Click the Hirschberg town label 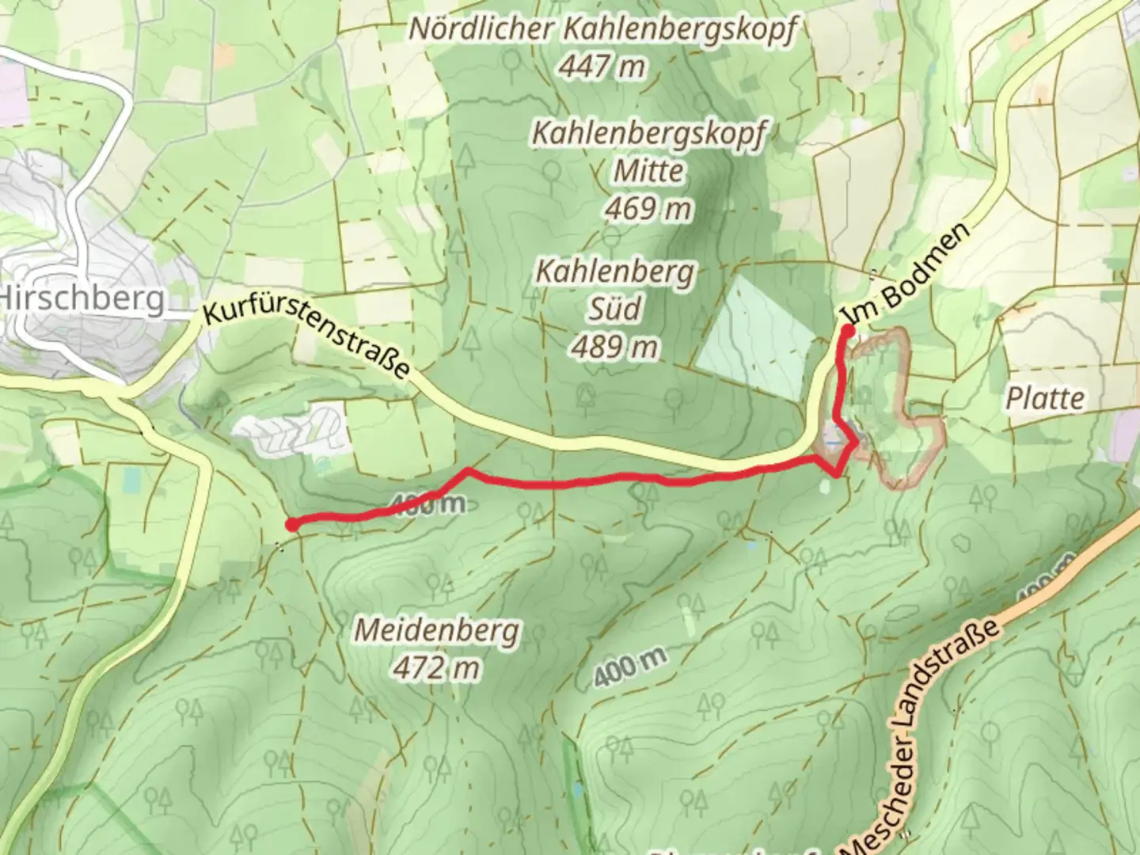(x=83, y=298)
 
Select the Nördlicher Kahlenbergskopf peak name (x=602, y=29)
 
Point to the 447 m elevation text (x=602, y=67)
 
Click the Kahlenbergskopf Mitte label (x=648, y=151)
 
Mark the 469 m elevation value (x=648, y=209)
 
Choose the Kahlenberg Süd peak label (x=615, y=290)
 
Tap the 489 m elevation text (x=615, y=347)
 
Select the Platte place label (x=1045, y=398)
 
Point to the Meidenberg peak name (x=437, y=630)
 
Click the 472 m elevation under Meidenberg (x=437, y=668)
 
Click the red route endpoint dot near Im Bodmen (x=847, y=330)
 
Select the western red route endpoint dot (x=291, y=524)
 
